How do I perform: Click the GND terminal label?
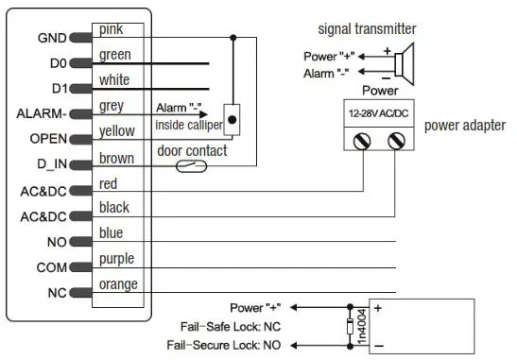[50, 39]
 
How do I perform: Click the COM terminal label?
[51, 267]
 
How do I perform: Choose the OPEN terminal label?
[47, 139]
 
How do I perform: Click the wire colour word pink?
[112, 30]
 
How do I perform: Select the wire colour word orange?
[118, 284]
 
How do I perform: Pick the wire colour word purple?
[117, 259]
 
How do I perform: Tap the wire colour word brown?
[116, 158]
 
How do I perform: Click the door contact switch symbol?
[194, 167]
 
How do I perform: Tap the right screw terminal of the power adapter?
[395, 142]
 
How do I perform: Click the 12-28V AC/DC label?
[379, 112]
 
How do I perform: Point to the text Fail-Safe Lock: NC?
[234, 326]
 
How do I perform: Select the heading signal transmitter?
[367, 29]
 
